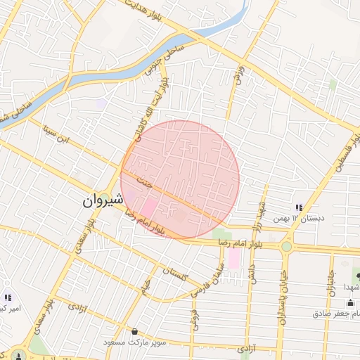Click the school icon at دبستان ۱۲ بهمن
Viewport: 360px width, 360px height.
(x=299, y=208)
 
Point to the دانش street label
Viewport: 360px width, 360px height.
(x=254, y=268)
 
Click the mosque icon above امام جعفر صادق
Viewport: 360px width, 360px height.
(x=350, y=302)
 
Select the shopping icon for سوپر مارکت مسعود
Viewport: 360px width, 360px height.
(x=134, y=332)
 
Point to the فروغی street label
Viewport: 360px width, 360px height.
(x=193, y=316)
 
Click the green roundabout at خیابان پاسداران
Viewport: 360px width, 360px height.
(x=286, y=246)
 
